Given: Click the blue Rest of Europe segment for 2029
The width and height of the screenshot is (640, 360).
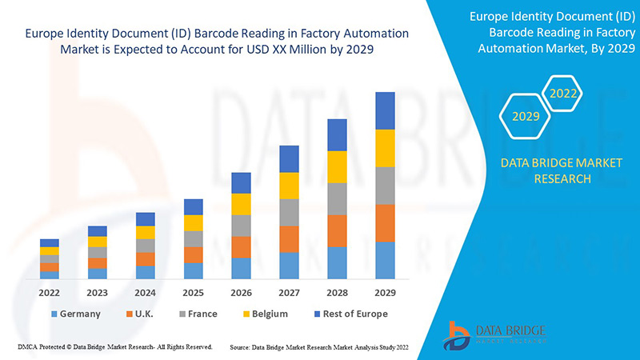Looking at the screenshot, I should pos(385,110).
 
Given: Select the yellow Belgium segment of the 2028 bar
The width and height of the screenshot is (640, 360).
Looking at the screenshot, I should pos(337,166).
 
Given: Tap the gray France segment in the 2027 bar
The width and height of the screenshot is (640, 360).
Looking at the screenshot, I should pos(289,212).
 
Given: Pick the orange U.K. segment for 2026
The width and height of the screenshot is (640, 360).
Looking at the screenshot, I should pos(241,246).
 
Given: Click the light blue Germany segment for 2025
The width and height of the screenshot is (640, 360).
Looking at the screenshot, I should pos(193,270).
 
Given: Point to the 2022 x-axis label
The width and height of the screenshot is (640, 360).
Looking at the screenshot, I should pos(50,293).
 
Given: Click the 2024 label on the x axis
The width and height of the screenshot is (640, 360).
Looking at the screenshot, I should pos(145,293).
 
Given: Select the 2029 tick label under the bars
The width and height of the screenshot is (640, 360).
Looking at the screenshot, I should pos(385,293).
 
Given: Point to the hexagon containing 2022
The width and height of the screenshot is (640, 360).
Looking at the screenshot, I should pos(563,94).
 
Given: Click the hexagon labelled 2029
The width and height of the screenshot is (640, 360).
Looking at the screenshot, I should pos(526,117).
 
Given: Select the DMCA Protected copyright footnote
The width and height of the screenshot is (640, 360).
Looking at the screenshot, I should pos(114,347).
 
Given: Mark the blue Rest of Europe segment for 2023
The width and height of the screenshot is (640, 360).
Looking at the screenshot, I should pos(97,231).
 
